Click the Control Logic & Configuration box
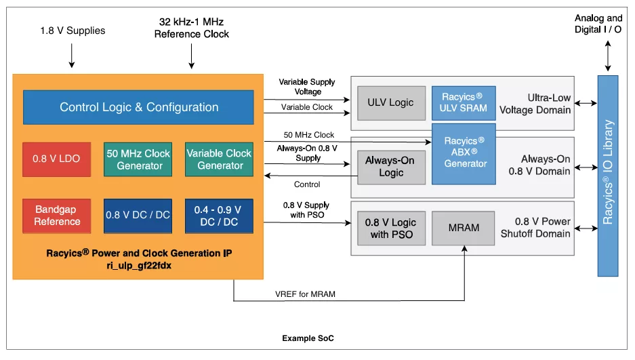(139, 107)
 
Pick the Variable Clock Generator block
(220, 159)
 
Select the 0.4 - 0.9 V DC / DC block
(220, 216)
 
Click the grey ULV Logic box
(390, 103)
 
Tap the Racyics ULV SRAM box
(464, 103)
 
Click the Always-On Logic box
(390, 167)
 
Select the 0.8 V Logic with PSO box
(390, 228)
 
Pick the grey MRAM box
(464, 228)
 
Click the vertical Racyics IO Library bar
(608, 176)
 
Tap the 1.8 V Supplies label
(72, 31)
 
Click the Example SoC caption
(308, 338)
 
